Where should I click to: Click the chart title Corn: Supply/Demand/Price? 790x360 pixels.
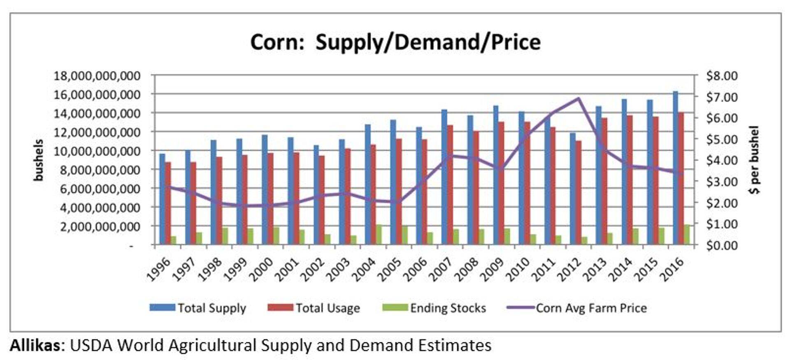[x=395, y=42]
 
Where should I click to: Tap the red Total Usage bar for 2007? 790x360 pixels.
[x=450, y=185]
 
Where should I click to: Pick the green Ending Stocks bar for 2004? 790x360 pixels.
[x=378, y=235]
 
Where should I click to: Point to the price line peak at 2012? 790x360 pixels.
[x=578, y=98]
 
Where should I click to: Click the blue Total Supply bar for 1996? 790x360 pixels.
[x=162, y=199]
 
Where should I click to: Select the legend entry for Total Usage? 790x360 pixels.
[x=314, y=308]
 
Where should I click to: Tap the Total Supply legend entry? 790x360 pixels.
[x=198, y=308]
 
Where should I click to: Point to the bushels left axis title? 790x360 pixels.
[x=39, y=160]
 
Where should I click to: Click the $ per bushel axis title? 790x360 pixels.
[x=754, y=160]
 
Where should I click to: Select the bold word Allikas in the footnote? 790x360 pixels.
[x=35, y=345]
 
